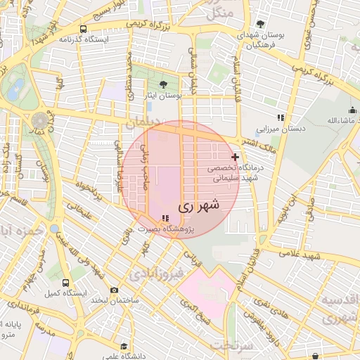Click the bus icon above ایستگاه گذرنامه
[x=84, y=30]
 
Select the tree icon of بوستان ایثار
[x=163, y=84]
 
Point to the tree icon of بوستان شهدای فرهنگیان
[x=261, y=25]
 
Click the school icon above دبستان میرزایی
[x=280, y=118]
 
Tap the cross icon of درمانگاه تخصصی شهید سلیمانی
[x=235, y=157]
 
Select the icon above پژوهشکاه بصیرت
[x=165, y=219]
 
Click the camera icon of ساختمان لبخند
[x=115, y=290]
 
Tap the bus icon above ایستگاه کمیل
[x=65, y=283]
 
